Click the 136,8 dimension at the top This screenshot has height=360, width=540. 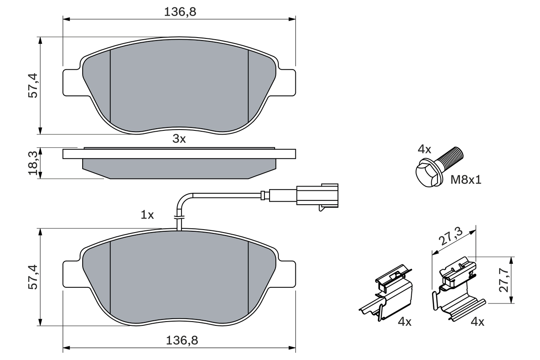[x=180, y=12]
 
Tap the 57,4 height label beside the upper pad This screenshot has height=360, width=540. [x=33, y=85]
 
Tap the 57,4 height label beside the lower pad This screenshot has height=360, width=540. [x=33, y=277]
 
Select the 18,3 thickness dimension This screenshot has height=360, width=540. [x=33, y=163]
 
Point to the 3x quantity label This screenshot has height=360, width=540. [x=179, y=139]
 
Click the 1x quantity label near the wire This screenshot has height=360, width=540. [x=147, y=215]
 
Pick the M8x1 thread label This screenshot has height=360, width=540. [x=466, y=180]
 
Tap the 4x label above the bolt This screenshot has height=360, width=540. [x=424, y=149]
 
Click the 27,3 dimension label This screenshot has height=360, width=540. [x=451, y=237]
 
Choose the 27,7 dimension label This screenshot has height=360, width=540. [x=503, y=280]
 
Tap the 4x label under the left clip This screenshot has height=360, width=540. [x=404, y=322]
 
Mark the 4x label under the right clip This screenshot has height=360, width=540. [x=477, y=322]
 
